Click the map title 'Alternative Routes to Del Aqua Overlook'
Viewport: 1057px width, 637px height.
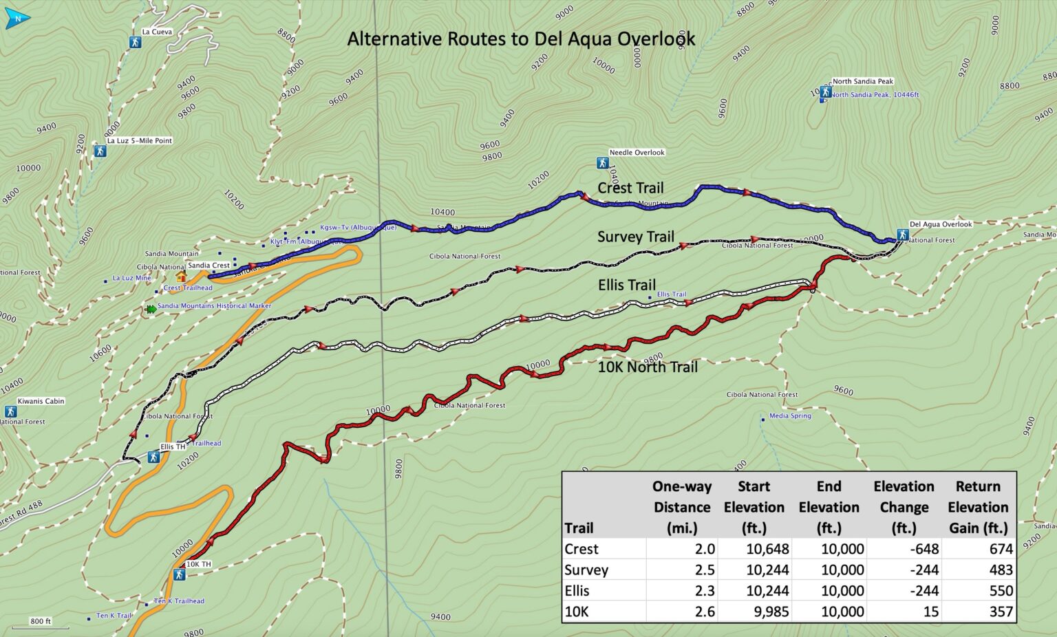[x=521, y=39]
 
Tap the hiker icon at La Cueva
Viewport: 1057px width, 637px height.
[x=135, y=42]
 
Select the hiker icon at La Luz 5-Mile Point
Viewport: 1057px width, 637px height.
[x=100, y=151]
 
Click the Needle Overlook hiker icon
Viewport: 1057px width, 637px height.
[x=602, y=163]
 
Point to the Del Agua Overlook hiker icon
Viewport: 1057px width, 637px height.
[x=902, y=235]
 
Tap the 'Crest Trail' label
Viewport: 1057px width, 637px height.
[x=630, y=188]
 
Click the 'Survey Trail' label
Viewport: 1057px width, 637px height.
[x=635, y=237]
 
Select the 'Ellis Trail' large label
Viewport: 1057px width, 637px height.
[x=626, y=285]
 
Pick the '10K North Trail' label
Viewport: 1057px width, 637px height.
[x=647, y=367]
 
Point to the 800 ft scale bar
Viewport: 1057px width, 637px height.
[x=40, y=627]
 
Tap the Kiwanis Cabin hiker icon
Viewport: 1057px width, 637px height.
[x=10, y=411]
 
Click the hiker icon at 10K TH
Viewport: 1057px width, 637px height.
[x=179, y=574]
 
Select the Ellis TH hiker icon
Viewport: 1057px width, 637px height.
[x=153, y=457]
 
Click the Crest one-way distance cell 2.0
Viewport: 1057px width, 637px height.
[x=705, y=549]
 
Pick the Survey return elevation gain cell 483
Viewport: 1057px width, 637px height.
[x=1001, y=570]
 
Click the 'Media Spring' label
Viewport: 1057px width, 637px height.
[x=790, y=415]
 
